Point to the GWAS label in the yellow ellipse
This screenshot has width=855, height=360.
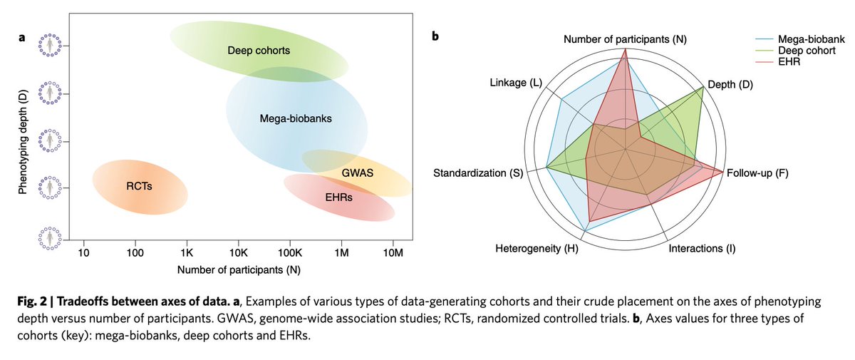point(357,173)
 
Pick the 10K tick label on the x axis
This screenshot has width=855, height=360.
point(238,253)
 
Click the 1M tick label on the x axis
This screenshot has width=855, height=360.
point(341,253)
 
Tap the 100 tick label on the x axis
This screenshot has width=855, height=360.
point(135,253)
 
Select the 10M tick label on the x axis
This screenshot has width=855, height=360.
point(393,253)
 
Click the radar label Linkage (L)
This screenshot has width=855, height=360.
point(516,83)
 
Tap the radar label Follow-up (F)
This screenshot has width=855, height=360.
point(759,173)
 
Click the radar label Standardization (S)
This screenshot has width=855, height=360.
point(478,173)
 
